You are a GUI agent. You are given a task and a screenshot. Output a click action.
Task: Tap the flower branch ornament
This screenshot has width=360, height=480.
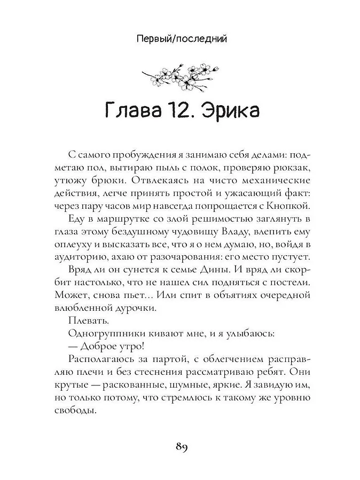pos(179,74)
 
